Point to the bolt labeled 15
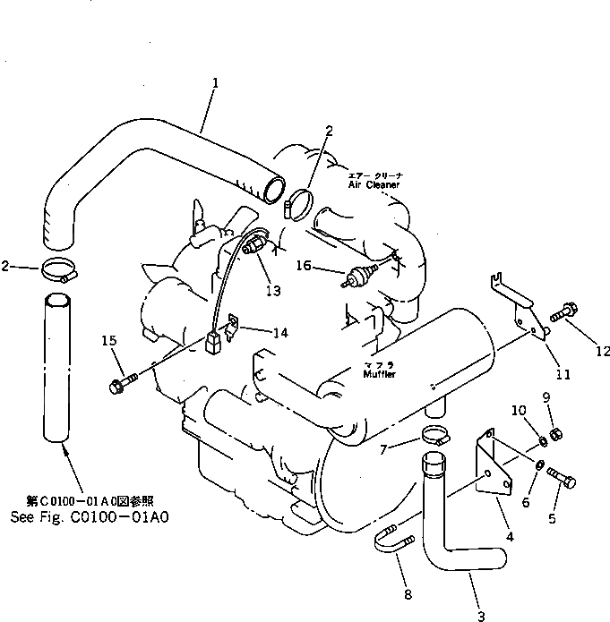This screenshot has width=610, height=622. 117,386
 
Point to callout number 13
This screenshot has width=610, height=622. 272,290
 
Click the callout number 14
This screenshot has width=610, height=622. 280,333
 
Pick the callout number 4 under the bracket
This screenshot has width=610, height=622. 509,538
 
